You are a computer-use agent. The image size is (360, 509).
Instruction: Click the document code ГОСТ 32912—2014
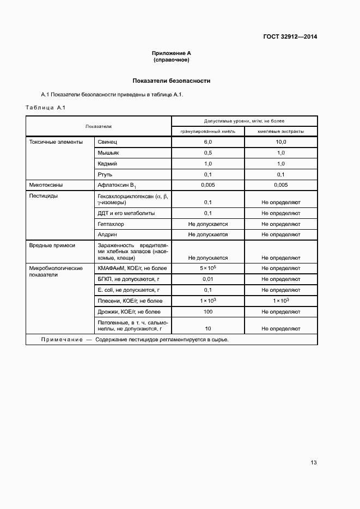point(290,37)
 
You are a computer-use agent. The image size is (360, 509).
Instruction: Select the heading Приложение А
point(172,53)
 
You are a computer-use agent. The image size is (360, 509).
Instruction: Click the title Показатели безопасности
point(172,81)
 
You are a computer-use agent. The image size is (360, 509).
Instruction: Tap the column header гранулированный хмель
point(208,131)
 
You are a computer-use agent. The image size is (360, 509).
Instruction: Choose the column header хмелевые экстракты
point(280,131)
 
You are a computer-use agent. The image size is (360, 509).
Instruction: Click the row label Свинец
point(107,142)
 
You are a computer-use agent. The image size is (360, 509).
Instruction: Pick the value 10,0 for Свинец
point(280,142)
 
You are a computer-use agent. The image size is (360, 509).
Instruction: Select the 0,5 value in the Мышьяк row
point(208,153)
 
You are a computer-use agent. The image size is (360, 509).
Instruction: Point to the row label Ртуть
point(105,174)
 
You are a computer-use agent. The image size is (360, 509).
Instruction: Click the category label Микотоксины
point(46,185)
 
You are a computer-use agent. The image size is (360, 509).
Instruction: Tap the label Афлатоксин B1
point(116,186)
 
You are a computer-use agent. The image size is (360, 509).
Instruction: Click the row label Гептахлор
point(111,224)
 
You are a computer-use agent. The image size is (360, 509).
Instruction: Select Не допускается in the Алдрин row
point(208,235)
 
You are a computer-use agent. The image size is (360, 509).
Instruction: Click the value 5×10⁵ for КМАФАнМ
point(208,268)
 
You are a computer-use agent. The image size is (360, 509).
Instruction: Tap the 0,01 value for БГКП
point(208,279)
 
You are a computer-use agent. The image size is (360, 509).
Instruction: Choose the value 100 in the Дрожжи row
point(208,312)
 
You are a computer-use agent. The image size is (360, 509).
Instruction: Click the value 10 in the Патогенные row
point(208,329)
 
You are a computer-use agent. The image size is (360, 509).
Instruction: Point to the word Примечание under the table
point(60,340)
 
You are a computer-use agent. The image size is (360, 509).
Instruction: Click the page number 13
point(314,463)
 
